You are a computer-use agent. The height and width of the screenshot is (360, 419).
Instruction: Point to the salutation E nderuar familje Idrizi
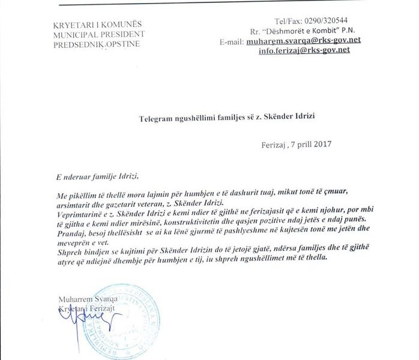click(95, 175)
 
